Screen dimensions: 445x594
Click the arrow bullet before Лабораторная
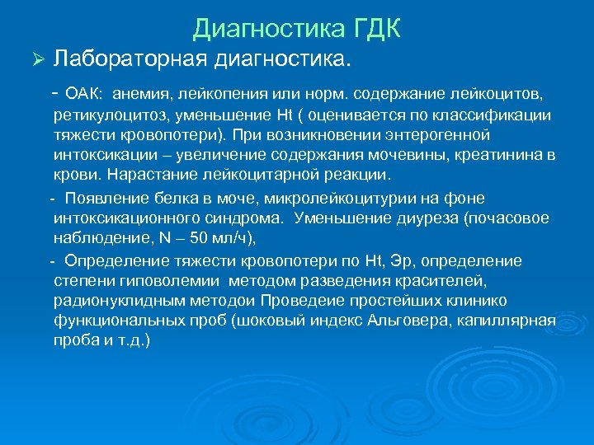tap(34, 59)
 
